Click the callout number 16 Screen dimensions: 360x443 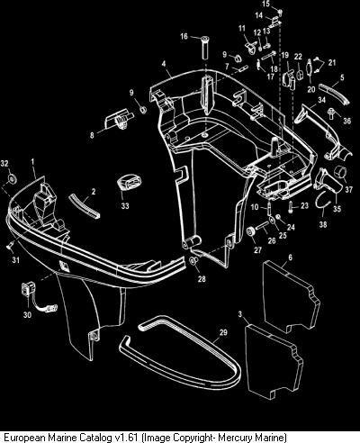tap(184, 36)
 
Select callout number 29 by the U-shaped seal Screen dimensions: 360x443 tap(223, 332)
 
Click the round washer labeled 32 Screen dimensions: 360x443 tap(13, 178)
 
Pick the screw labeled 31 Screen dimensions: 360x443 tap(9, 246)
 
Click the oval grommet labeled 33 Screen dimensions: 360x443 tap(129, 184)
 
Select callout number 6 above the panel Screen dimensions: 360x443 tap(290, 258)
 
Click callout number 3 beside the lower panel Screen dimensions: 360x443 tap(239, 314)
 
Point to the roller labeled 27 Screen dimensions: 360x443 tap(250, 232)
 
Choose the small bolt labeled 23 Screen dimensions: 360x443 tap(291, 207)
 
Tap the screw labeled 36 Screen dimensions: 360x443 tap(332, 113)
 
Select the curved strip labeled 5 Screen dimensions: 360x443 tap(333, 94)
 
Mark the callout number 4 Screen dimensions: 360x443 tap(164, 64)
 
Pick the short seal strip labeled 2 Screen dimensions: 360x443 tap(85, 205)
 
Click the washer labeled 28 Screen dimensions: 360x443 tap(193, 260)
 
